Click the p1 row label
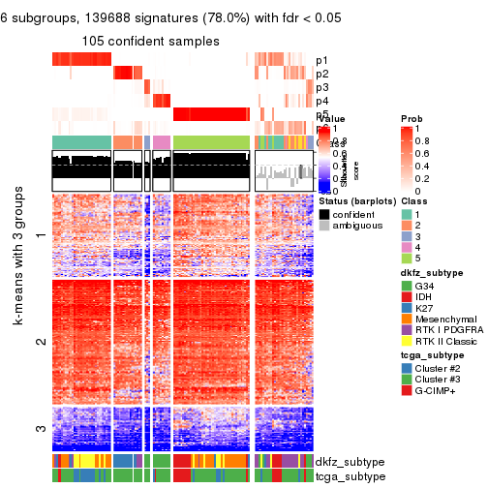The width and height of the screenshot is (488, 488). (x=322, y=60)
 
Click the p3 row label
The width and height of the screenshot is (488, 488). (x=322, y=88)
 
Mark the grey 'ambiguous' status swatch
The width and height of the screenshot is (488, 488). (x=323, y=227)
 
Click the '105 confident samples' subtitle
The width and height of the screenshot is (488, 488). (x=150, y=40)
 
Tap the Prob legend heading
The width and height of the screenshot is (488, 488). (x=411, y=118)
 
